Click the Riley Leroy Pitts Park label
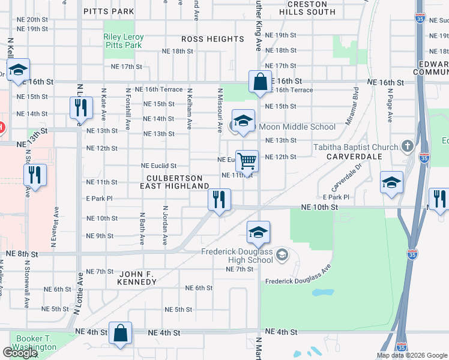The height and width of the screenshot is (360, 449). [123, 41]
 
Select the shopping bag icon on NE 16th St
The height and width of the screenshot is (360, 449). [260, 82]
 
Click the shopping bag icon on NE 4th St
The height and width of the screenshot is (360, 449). [121, 333]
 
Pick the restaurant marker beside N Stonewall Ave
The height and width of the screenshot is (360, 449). [35, 175]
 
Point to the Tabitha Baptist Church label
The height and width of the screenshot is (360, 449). [355, 147]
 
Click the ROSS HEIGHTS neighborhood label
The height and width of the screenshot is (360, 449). [213, 39]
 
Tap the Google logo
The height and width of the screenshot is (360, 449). [20, 353]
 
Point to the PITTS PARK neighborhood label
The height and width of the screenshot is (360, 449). [109, 11]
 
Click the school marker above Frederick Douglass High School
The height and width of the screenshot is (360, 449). [258, 233]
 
